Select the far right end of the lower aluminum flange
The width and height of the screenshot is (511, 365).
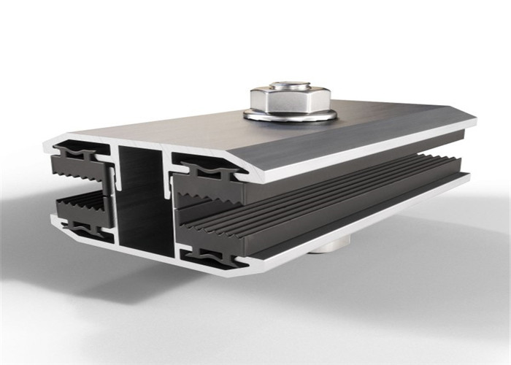click(467, 178)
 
